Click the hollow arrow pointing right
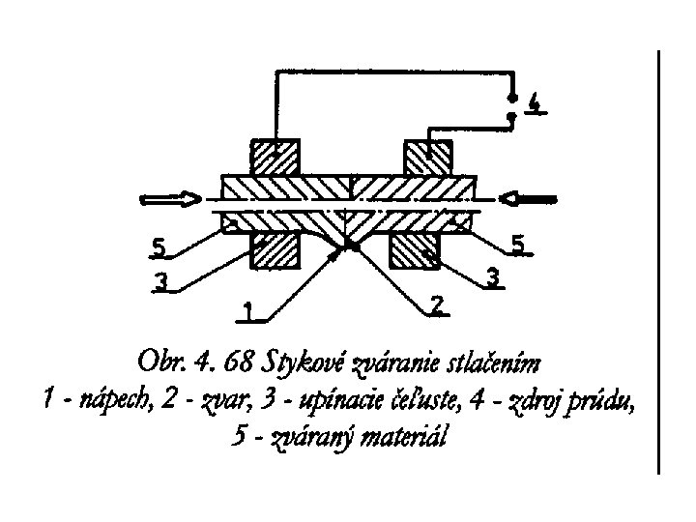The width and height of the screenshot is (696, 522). coord(167,200)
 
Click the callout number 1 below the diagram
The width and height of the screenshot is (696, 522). coord(248,312)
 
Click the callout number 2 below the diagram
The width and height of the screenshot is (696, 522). coord(437,305)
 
